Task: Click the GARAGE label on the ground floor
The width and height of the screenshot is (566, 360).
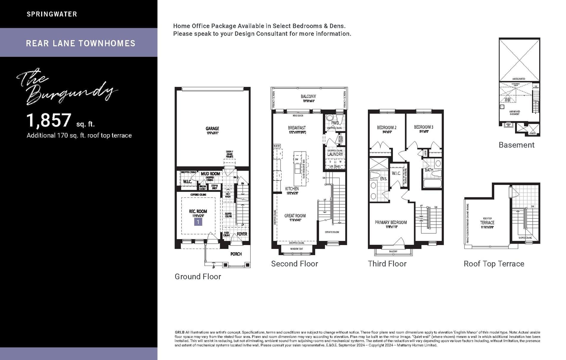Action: click(212, 129)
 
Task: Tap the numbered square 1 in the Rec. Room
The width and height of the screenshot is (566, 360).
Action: click(198, 222)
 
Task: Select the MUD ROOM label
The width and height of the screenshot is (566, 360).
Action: click(210, 174)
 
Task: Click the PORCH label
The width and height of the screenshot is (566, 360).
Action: click(236, 254)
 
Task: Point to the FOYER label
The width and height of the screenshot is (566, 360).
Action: click(242, 234)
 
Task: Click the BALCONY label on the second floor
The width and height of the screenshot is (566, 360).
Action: click(308, 96)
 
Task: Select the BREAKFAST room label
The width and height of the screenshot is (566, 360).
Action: click(297, 128)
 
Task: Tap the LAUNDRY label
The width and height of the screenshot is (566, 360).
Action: click(335, 154)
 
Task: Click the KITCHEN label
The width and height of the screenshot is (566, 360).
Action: click(292, 189)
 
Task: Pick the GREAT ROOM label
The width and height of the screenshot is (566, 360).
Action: click(295, 216)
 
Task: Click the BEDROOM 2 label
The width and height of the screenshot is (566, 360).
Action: click(387, 127)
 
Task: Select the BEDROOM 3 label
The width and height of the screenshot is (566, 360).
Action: click(424, 127)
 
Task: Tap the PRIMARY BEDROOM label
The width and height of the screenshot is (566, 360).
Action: click(391, 222)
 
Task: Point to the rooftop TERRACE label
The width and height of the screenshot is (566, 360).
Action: click(487, 222)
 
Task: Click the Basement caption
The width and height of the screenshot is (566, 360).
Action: click(517, 145)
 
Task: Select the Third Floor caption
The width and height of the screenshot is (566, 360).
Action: click(387, 264)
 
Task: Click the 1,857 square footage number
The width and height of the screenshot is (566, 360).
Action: click(49, 120)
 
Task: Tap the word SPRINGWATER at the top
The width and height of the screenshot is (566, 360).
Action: click(52, 14)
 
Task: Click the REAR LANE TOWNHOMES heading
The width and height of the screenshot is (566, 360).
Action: click(80, 43)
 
